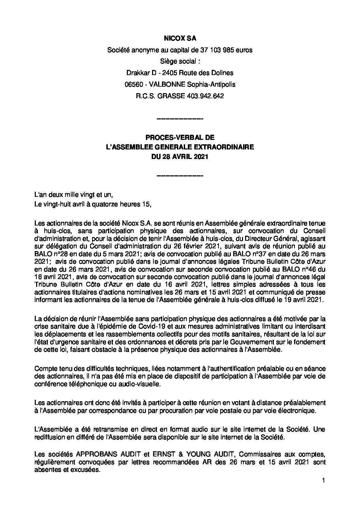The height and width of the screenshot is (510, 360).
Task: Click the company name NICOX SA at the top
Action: pos(180,39)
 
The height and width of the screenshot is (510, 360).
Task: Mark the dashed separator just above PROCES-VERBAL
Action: pos(180,119)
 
